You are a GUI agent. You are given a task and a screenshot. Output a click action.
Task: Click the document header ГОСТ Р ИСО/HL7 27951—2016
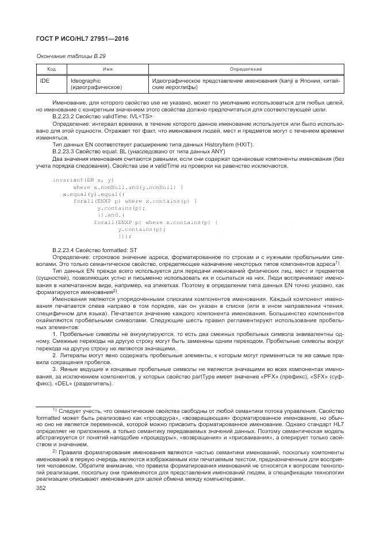click(82, 38)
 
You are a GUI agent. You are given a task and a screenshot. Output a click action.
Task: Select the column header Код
click(44, 69)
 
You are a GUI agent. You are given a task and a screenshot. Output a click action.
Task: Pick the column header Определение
click(245, 69)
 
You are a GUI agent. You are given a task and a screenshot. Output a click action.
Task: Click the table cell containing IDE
click(44, 81)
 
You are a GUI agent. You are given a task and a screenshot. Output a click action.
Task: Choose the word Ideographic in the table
click(86, 81)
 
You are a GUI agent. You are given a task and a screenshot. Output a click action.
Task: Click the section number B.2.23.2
click(64, 116)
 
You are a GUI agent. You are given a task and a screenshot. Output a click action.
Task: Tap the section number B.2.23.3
click(64, 151)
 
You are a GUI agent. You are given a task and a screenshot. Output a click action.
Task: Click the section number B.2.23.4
click(64, 250)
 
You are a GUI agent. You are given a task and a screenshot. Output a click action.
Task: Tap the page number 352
click(41, 488)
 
